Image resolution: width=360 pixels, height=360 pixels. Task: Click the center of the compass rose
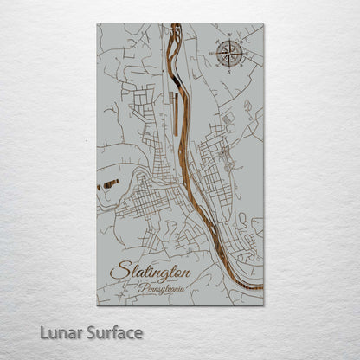(x=229, y=54)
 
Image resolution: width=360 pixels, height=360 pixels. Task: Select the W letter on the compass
(x=211, y=54)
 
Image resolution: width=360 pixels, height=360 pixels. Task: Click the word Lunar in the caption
(x=61, y=331)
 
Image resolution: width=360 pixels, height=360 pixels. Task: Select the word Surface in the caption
(x=114, y=331)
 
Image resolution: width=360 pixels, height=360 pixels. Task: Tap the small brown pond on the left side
(x=109, y=183)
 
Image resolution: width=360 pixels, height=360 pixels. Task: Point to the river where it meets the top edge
(x=175, y=25)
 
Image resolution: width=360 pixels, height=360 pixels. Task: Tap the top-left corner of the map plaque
(x=98, y=24)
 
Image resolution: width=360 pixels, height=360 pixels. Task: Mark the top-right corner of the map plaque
(x=263, y=24)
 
